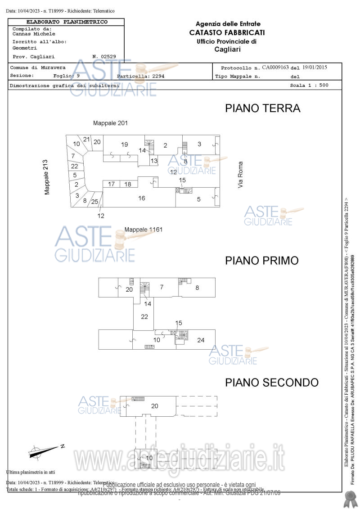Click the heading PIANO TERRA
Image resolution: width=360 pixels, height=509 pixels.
click(x=262, y=108)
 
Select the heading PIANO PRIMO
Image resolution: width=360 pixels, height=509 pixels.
click(x=261, y=261)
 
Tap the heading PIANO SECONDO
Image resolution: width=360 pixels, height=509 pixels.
click(x=272, y=383)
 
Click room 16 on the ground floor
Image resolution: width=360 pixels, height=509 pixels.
click(x=141, y=198)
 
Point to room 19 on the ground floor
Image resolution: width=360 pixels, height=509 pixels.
click(x=125, y=144)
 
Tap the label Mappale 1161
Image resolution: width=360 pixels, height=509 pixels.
click(x=143, y=230)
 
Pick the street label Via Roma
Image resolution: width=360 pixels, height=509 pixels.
click(x=241, y=175)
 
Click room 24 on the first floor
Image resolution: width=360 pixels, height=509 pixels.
click(x=201, y=340)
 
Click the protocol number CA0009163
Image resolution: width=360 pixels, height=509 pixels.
click(x=275, y=68)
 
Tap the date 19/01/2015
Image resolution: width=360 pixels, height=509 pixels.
click(x=315, y=68)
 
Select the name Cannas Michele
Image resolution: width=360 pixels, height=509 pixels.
click(x=34, y=34)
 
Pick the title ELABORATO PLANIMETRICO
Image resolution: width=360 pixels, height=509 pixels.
click(x=67, y=22)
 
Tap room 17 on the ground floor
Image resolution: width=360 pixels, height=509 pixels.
click(x=111, y=184)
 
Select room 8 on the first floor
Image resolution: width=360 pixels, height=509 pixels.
click(x=197, y=288)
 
